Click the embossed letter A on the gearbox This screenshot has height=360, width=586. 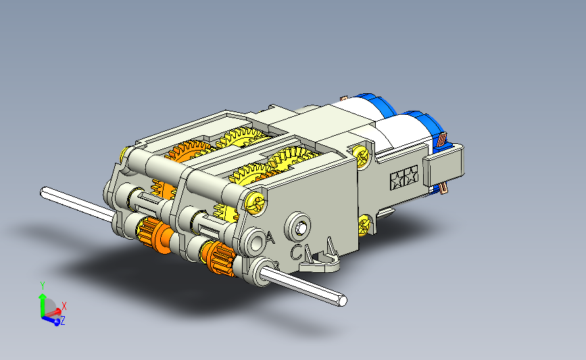point(271,238)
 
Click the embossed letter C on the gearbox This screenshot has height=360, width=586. point(296,252)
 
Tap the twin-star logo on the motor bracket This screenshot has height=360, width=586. point(404,178)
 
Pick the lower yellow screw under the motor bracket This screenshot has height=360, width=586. point(364,225)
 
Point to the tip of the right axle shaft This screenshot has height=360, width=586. point(342,301)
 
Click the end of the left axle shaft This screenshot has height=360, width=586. point(44,192)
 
